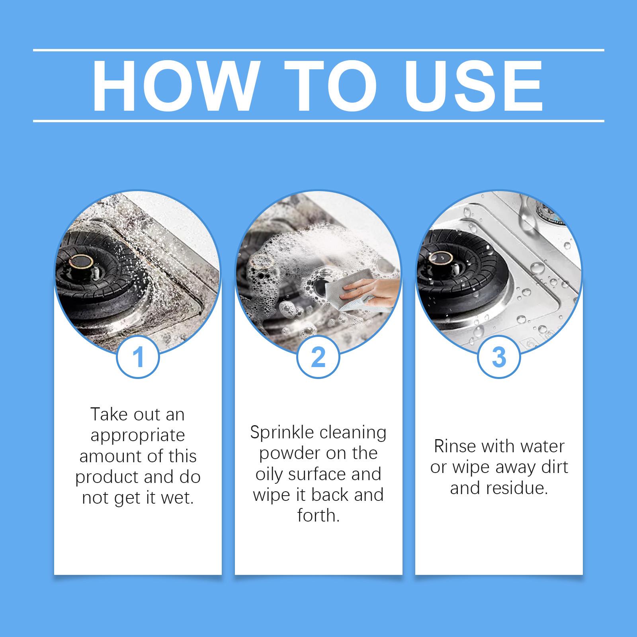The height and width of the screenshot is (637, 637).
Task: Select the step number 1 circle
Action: (x=138, y=357)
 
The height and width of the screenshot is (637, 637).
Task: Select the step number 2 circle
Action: (x=318, y=357)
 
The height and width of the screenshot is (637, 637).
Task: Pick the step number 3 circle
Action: (x=499, y=357)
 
